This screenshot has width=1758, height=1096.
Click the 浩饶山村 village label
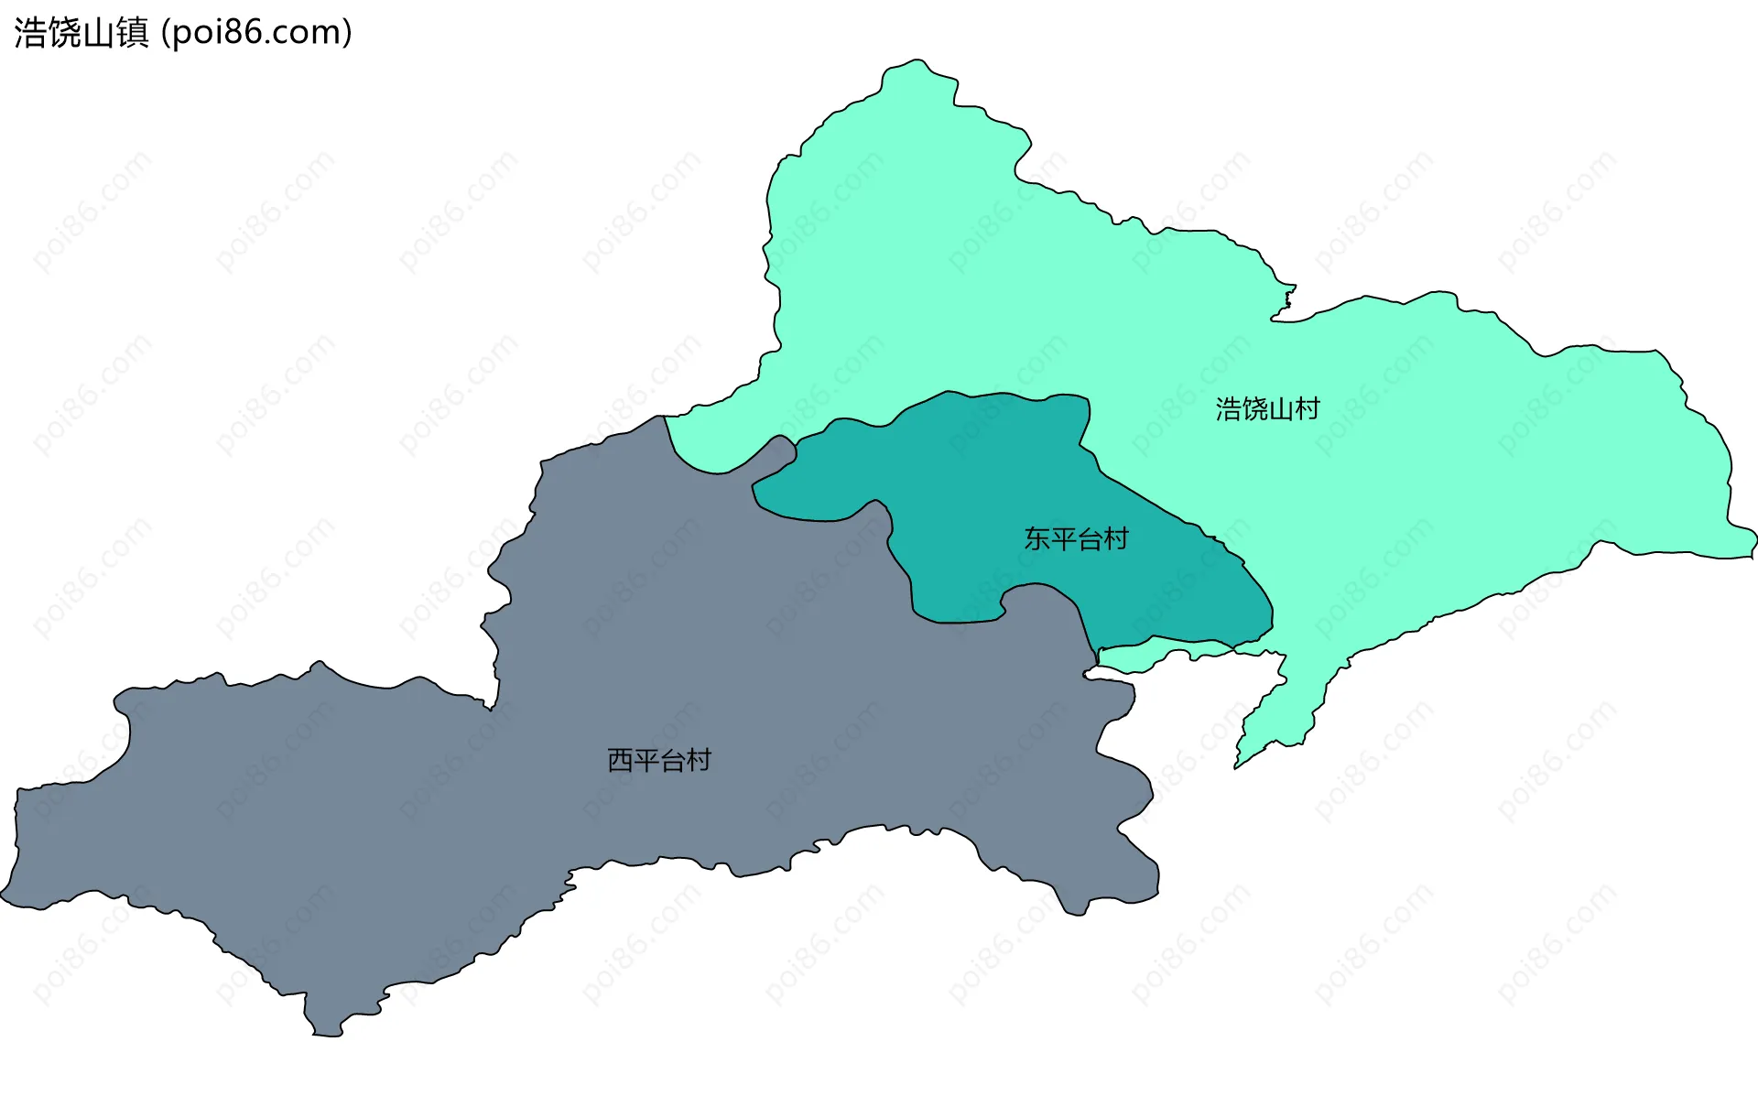click(1267, 409)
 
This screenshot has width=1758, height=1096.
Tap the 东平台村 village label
click(1076, 539)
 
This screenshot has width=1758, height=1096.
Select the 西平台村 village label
click(659, 761)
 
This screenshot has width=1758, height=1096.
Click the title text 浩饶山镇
click(81, 33)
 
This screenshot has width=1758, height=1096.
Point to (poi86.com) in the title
click(256, 33)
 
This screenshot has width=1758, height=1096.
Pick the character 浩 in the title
click(30, 33)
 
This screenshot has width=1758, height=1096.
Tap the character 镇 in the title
click(133, 33)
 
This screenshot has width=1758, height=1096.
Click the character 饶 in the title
click(64, 33)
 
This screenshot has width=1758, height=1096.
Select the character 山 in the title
click(99, 33)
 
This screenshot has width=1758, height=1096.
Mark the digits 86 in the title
click(241, 33)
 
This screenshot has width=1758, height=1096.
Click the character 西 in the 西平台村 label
click(620, 761)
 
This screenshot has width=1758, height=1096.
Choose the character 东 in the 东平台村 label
click(1036, 539)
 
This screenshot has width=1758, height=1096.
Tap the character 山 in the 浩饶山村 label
click(1280, 409)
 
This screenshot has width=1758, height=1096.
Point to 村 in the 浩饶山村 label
click(1308, 409)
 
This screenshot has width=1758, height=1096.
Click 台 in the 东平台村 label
click(1089, 539)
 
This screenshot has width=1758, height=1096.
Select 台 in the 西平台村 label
click(672, 761)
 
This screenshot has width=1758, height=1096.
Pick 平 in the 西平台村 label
click(646, 761)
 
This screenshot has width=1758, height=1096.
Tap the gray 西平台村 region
click(458, 824)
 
